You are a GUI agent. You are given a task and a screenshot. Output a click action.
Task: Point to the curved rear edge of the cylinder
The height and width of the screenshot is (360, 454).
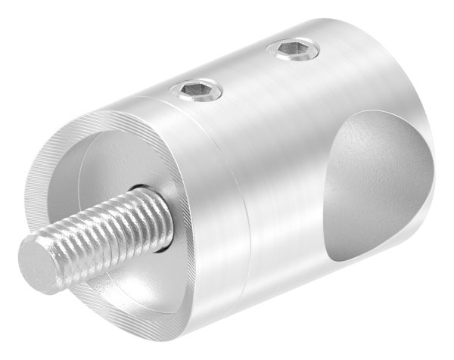(x=435, y=113)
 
